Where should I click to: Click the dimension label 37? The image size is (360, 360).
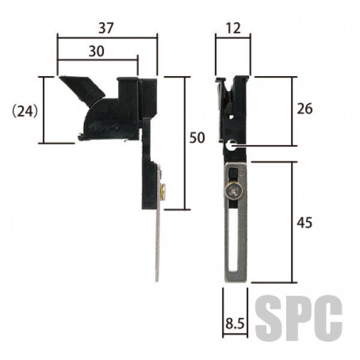pos(106,28)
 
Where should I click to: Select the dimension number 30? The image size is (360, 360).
pos(97,51)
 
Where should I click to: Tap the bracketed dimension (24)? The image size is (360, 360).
pos(25,111)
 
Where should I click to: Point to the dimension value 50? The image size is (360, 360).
pos(197,138)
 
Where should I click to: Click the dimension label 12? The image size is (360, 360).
pos(233,28)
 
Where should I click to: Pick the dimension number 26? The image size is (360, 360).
pos(305,109)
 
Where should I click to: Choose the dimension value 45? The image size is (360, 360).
pos(305,222)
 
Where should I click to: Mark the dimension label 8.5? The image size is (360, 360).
pos(235,323)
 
